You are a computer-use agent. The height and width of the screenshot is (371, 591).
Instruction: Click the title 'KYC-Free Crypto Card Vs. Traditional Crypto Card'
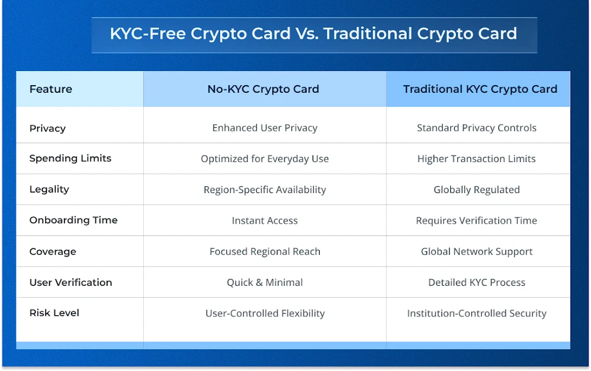pos(313,33)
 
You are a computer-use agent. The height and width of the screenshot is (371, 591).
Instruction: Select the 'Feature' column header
pos(51,89)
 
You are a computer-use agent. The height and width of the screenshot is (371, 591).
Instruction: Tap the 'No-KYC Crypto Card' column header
pos(264,89)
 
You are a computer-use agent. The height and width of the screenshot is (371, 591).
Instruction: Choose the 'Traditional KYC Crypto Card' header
pos(480,89)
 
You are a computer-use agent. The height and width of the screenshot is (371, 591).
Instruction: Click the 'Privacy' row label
pos(48,128)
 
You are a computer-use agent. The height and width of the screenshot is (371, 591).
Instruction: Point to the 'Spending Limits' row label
pos(70,158)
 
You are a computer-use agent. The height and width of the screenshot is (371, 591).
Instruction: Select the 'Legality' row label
pos(49,189)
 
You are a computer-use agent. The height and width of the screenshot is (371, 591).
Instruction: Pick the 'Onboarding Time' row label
pos(73,220)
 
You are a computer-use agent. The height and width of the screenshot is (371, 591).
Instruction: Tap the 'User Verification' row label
pos(70,282)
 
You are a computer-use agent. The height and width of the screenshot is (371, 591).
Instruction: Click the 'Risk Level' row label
pos(55,313)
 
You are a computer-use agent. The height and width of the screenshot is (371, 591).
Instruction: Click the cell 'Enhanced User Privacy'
pos(265,128)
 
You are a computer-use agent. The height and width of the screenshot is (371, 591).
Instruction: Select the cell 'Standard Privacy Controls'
pos(477,128)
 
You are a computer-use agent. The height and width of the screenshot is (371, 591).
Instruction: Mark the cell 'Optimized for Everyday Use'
pos(265,159)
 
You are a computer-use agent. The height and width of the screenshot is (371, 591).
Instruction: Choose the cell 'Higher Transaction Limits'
pos(477,159)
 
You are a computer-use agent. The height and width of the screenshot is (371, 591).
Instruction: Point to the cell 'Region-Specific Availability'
pos(265,190)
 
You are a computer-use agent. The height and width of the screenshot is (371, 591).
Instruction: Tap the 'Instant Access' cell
pos(265,221)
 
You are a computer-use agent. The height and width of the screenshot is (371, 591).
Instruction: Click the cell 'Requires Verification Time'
pos(477,221)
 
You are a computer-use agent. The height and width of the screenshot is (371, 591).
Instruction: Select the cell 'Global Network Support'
pos(477,252)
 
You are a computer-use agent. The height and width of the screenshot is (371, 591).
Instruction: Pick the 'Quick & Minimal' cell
pos(265,282)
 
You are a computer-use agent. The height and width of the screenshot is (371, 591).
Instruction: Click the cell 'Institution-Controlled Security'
pos(477,313)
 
